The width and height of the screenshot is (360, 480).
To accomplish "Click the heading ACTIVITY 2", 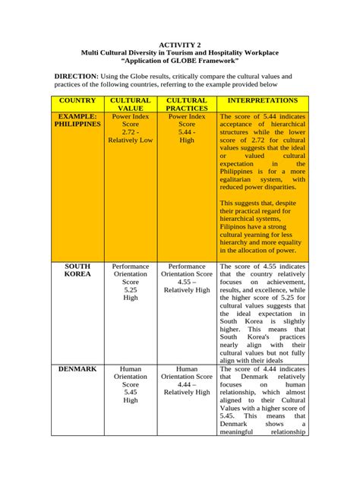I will pos(180,45).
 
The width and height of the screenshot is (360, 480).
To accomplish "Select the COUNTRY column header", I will pos(77,100).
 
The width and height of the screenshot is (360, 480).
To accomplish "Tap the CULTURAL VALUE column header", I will pos(131,104).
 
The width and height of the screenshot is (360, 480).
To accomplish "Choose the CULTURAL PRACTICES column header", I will pos(187,104).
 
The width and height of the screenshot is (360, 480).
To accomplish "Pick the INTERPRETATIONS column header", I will pos(263,100).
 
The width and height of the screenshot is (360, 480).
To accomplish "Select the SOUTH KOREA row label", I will pos(77,272).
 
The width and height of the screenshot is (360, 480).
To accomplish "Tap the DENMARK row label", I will pos(77,368).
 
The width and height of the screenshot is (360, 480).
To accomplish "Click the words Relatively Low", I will pos(131,141).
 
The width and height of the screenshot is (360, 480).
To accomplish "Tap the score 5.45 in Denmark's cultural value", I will pos(131,390).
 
